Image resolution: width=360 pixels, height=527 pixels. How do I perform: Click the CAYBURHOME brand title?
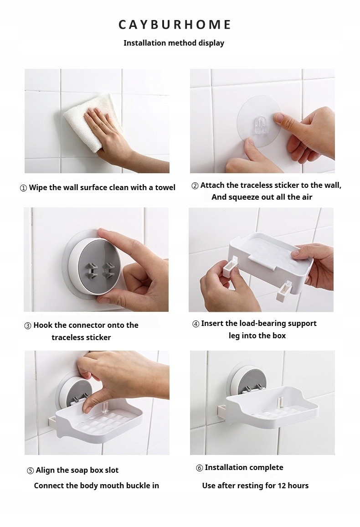tap(175, 25)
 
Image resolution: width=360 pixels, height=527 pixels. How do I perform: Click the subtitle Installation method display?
tap(174, 43)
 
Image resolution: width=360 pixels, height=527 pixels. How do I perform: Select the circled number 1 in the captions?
tap(24, 188)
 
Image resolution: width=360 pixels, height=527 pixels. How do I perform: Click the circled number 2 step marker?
tap(195, 186)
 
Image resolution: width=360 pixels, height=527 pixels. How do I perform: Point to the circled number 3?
tap(28, 325)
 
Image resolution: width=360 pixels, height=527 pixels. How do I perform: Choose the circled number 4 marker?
tap(196, 324)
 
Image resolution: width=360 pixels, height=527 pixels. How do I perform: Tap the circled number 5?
tap(30, 470)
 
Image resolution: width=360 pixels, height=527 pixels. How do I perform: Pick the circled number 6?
tap(200, 468)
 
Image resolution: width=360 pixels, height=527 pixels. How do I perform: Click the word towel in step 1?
tap(165, 187)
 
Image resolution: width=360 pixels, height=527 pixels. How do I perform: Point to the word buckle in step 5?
tap(129, 486)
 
